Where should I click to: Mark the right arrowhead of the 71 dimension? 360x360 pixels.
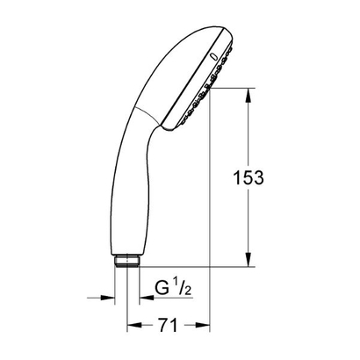(x=205, y=325)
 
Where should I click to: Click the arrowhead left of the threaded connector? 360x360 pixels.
(x=112, y=296)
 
